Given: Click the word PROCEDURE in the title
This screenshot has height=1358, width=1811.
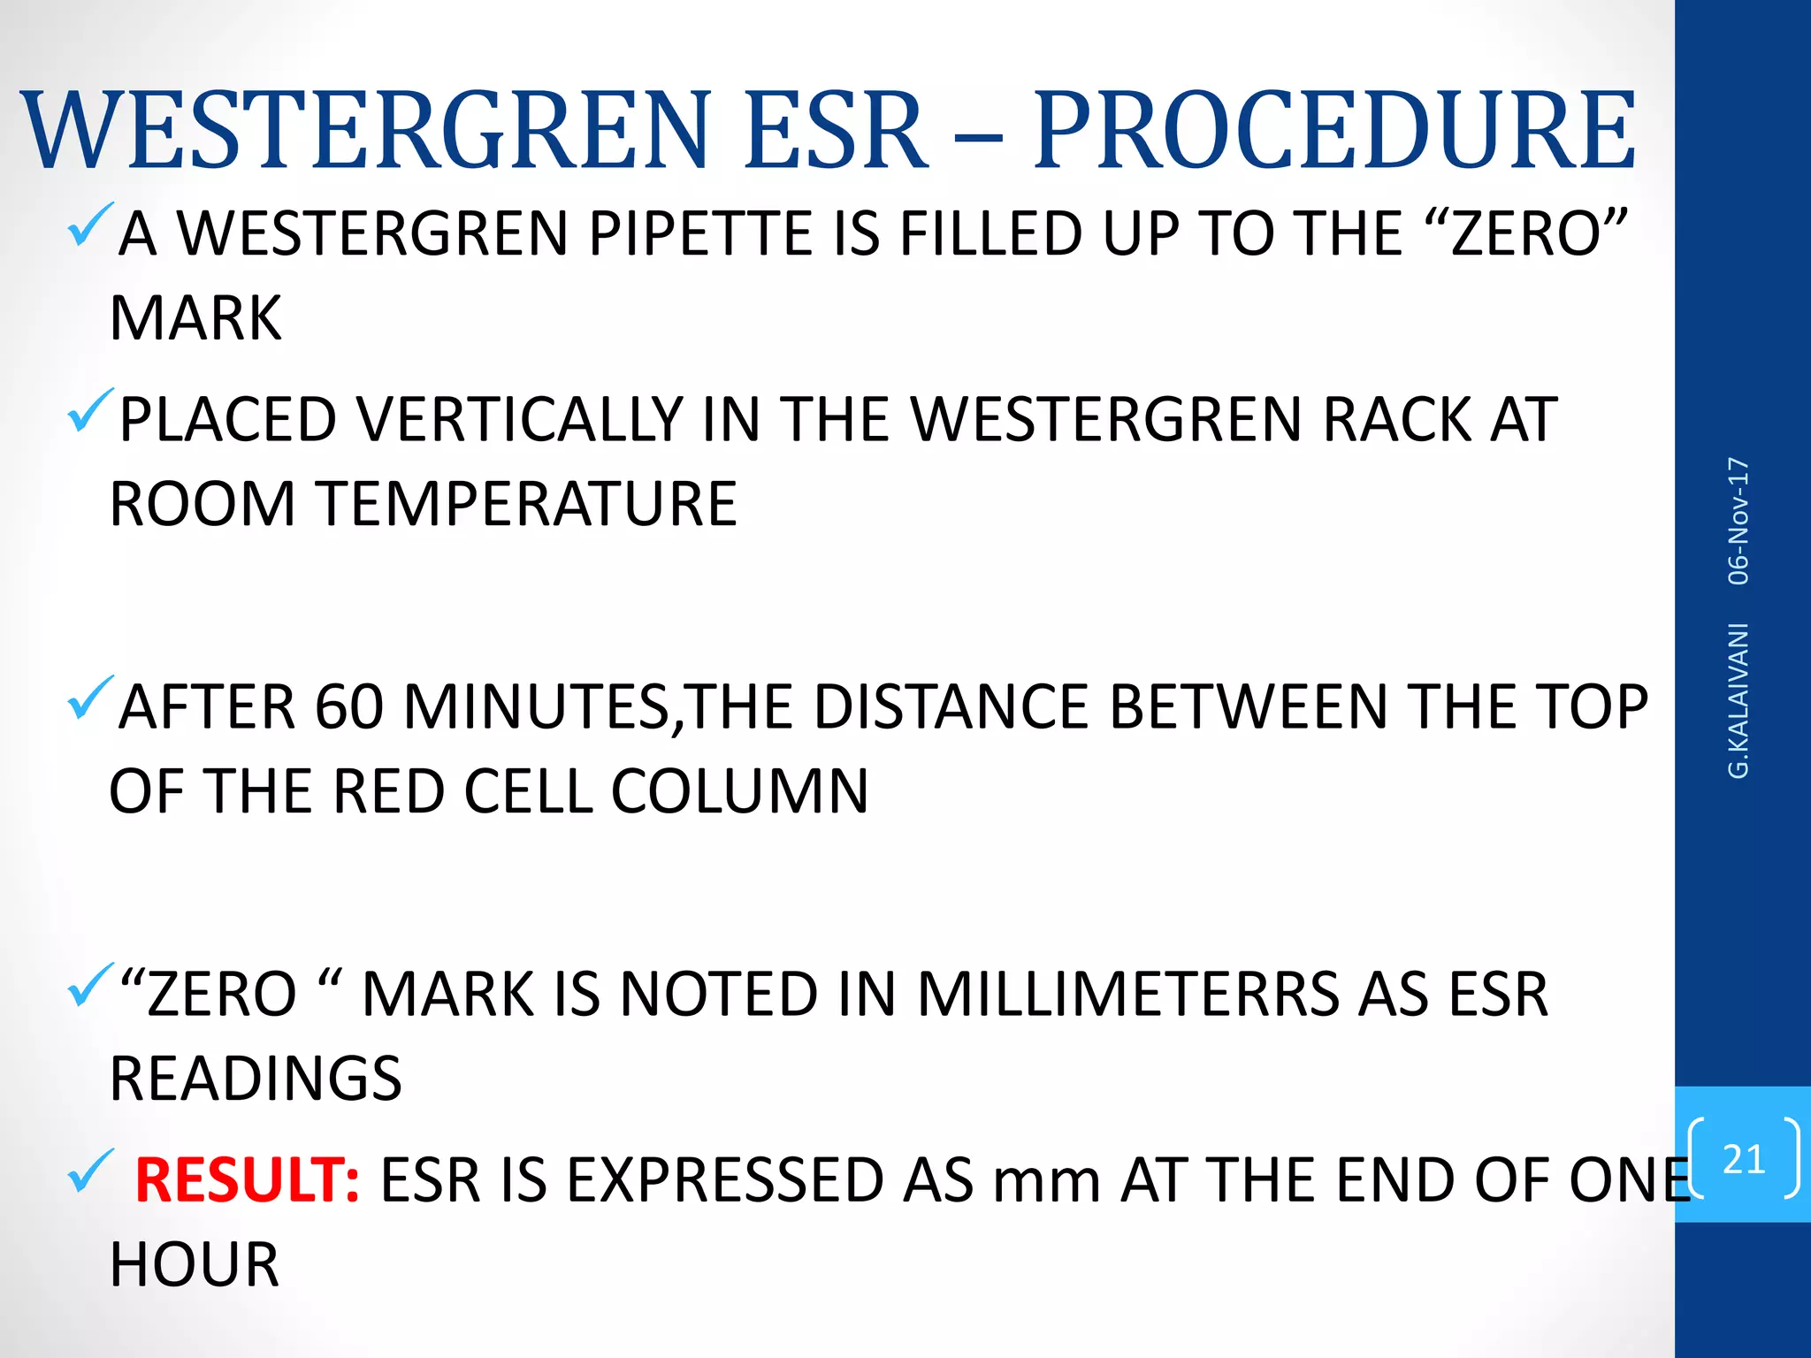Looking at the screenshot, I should click(1333, 131).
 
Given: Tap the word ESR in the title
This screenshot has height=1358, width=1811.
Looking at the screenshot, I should click(836, 131).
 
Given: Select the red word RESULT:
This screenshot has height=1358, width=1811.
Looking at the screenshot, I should click(247, 1180).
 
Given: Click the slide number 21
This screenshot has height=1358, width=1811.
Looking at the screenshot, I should click(1743, 1158).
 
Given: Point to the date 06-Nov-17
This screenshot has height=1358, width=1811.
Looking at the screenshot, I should click(1738, 521).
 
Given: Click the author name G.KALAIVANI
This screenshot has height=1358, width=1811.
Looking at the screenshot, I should click(1738, 700).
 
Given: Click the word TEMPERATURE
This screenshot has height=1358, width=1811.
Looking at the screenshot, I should click(526, 504).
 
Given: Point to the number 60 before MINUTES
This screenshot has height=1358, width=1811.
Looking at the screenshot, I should click(348, 707).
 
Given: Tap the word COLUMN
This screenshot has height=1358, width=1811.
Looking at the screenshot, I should click(739, 791).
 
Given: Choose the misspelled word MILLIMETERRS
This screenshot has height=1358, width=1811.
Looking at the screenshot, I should click(1127, 995).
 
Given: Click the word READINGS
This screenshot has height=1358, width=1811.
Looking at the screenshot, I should click(256, 1079).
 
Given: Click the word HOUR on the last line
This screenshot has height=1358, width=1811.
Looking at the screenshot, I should click(195, 1264).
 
